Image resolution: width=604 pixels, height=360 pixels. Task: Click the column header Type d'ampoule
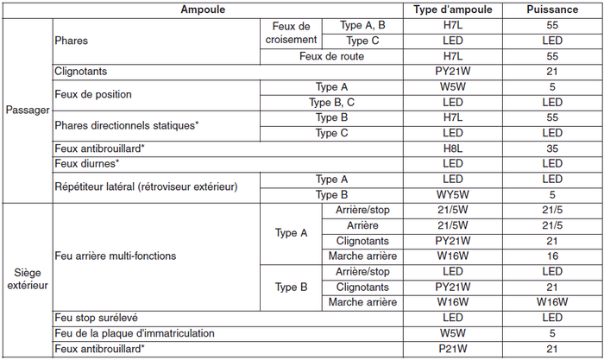pos(453,9)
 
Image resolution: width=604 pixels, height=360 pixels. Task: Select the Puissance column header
pos(552,9)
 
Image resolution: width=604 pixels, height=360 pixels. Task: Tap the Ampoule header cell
pos(203,9)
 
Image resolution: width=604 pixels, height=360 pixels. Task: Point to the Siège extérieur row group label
pos(27,277)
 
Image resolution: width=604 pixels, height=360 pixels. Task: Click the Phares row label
pos(71,41)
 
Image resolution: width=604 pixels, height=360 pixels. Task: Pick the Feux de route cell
pos(331,56)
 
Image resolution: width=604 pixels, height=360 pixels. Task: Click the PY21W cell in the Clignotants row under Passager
pos(453,72)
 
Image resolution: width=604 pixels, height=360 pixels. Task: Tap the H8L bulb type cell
pos(453,148)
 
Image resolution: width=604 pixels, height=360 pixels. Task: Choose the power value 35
pos(552,148)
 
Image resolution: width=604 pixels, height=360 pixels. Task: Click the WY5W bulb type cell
pos(453,195)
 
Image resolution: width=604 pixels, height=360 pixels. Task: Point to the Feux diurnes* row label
pos(86,163)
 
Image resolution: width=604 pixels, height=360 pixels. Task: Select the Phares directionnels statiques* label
pos(126,125)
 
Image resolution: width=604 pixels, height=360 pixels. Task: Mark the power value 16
pos(552,256)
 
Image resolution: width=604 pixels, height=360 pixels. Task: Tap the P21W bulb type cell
pos(453,349)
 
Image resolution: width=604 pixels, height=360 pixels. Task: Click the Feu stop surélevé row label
pos(96,318)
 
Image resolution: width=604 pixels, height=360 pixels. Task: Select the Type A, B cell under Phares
pos(362,26)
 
